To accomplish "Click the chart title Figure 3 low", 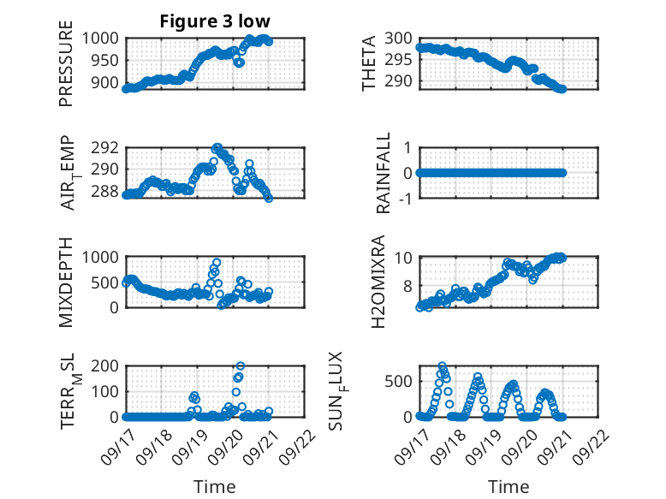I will (216, 21).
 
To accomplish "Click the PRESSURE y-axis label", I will (66, 68).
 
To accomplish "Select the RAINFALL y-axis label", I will (384, 173).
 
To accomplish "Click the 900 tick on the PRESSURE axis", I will (109, 83).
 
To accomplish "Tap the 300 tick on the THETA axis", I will (398, 39).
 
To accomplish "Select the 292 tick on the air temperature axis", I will (109, 147).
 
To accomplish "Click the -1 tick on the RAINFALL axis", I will (405, 199).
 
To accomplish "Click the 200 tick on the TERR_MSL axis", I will (109, 366).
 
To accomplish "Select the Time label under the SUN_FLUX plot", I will (508, 486).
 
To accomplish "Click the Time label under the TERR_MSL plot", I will (215, 486).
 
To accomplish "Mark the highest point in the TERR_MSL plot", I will (240, 366).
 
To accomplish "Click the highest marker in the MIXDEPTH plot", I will (217, 263).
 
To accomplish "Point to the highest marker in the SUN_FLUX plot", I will (442, 366).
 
